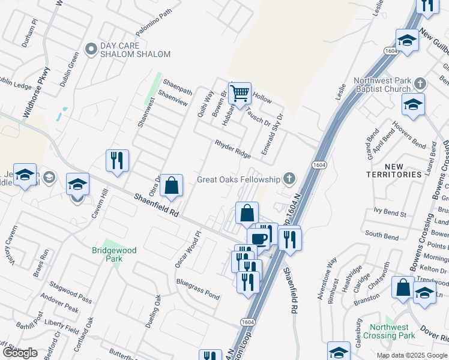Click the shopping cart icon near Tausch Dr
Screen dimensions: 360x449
pos(240,93)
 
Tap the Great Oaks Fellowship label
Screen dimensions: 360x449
pos(239,179)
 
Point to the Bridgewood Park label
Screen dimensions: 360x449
pos(114,254)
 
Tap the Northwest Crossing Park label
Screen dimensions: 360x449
pos(393,331)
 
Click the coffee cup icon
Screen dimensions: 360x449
pos(259,238)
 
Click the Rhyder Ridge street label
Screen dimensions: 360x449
pos(233,149)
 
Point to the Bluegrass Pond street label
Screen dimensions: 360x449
pos(197,289)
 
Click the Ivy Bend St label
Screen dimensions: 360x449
pos(390,212)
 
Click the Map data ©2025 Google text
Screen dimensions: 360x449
pos(412,355)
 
